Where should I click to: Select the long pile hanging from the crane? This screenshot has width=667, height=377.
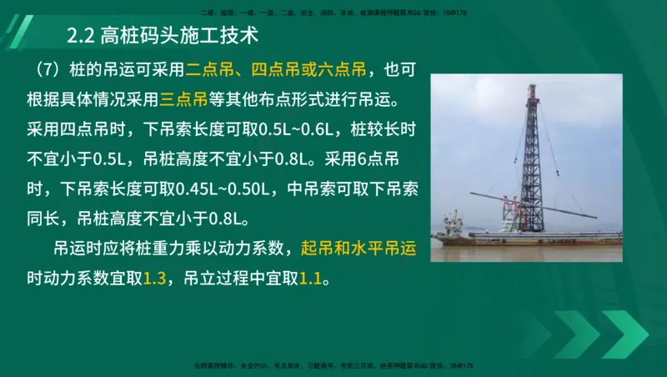[534, 204]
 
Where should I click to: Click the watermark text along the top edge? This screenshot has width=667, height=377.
[333, 13]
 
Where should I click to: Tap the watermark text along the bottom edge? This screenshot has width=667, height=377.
[333, 365]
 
